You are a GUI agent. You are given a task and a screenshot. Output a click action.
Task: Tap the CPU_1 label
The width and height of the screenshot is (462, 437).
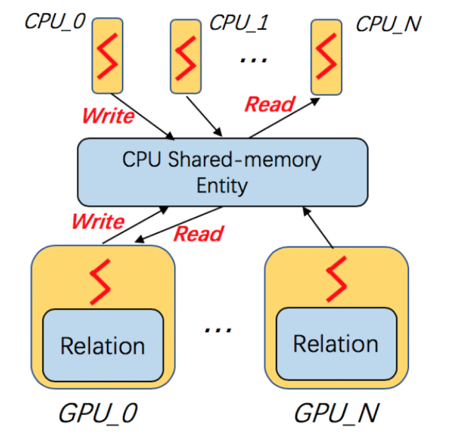tap(238, 22)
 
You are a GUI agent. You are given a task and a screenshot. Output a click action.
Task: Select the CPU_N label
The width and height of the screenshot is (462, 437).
tap(388, 24)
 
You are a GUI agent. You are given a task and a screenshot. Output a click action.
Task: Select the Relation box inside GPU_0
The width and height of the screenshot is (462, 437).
tap(103, 345)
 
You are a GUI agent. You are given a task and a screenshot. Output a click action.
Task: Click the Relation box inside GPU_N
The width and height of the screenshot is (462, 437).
tap(336, 344)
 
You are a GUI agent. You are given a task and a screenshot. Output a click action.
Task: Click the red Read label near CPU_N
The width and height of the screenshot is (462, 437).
tap(270, 104)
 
